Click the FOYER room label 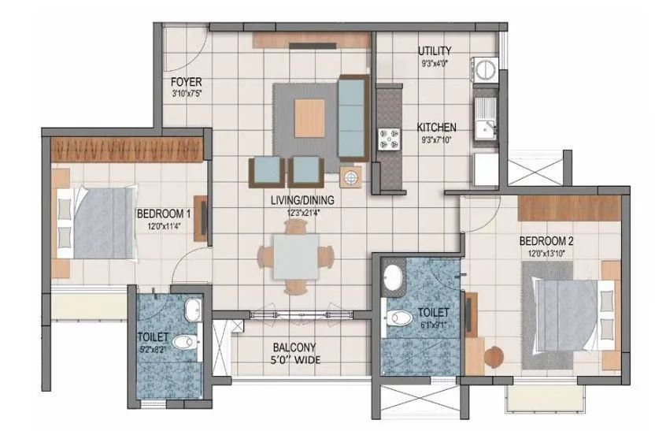click(187, 81)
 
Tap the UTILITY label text click(433, 51)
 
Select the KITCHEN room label click(436, 127)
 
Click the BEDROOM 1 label click(164, 214)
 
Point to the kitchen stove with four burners click(387, 139)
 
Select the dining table click(295, 255)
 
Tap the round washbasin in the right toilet click(392, 278)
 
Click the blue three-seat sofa click(351, 117)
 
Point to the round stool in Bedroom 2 click(493, 357)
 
